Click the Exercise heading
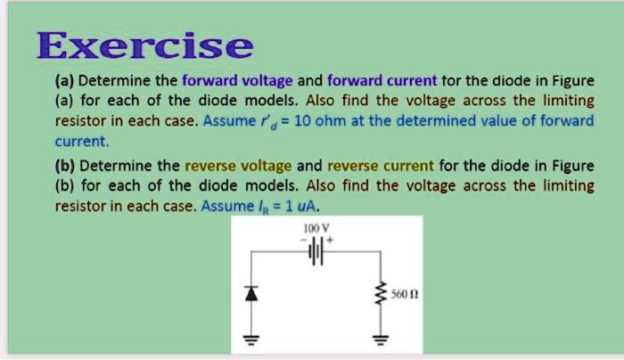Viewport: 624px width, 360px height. click(145, 44)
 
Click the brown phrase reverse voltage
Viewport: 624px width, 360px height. click(235, 166)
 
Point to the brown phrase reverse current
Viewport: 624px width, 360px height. click(381, 166)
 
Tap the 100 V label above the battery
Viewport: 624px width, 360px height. click(314, 228)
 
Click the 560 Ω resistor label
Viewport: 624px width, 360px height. click(404, 293)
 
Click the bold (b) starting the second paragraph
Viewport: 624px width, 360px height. click(65, 166)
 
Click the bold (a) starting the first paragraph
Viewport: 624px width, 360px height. click(65, 80)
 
